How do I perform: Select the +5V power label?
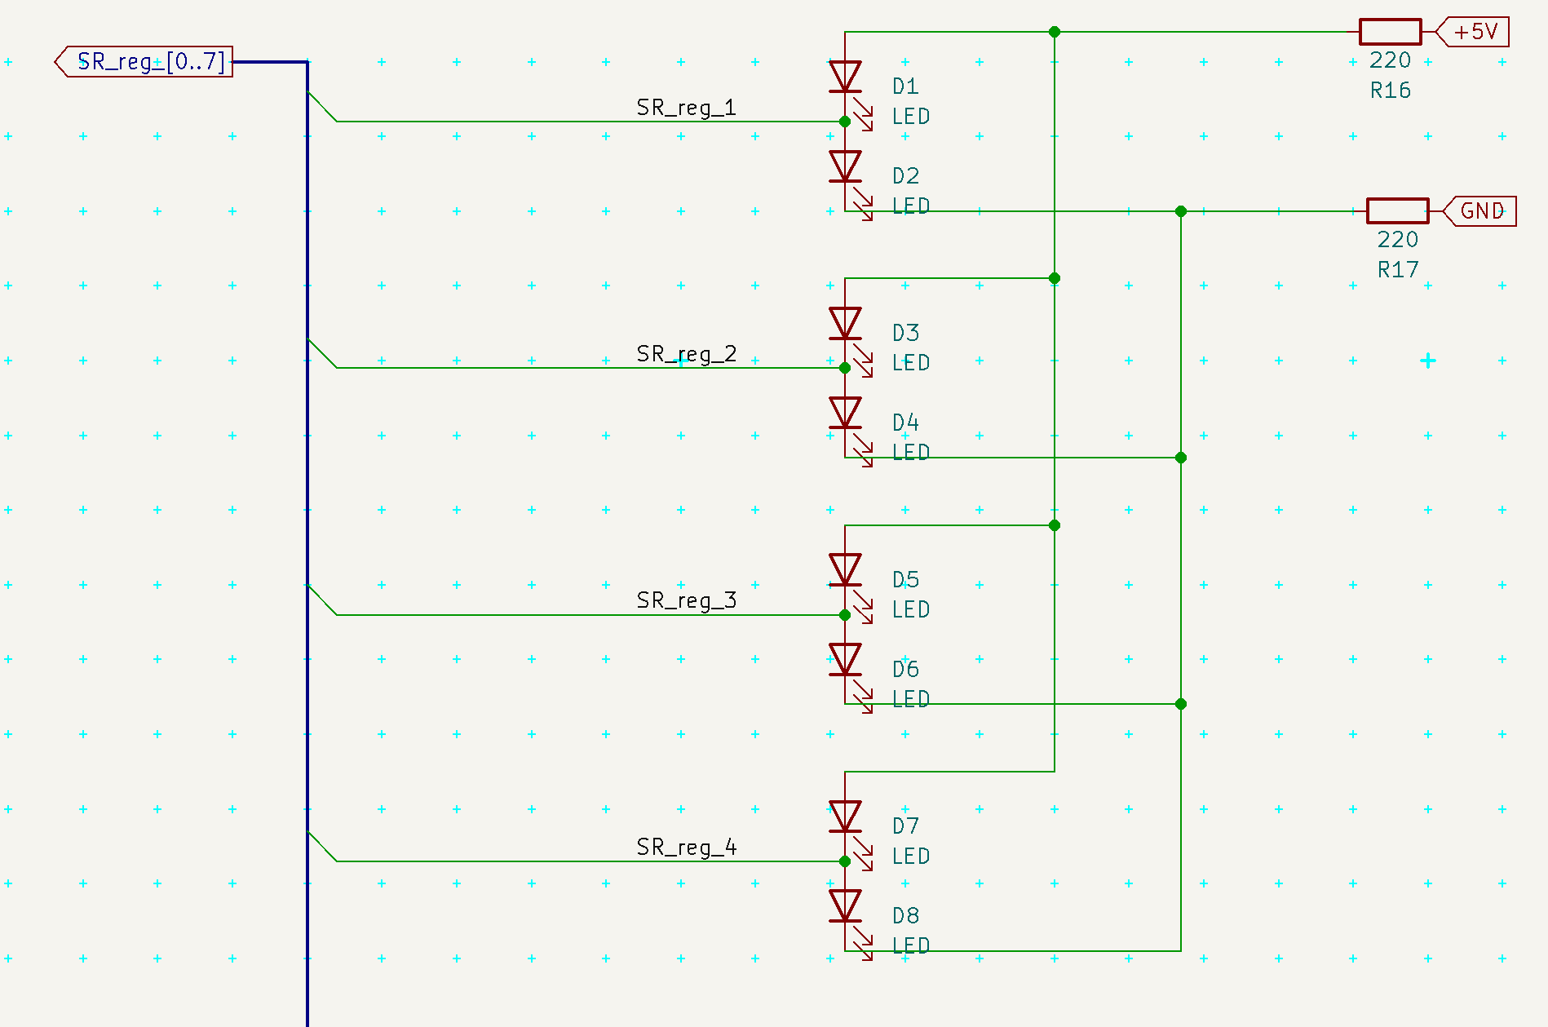pos(1474,32)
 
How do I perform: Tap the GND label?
pos(1480,211)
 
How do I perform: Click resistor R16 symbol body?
pos(1390,32)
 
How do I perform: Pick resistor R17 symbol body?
pos(1397,211)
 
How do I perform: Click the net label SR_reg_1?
pos(686,108)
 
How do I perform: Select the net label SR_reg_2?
pos(686,354)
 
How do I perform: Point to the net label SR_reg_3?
pos(686,601)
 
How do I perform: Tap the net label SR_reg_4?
pos(686,848)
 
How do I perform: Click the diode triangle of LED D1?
pos(845,77)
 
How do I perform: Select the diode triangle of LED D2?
pos(845,166)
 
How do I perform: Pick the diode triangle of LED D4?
pos(845,413)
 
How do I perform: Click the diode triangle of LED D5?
pos(845,569)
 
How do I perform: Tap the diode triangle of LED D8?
pos(845,905)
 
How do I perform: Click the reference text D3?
pos(905,333)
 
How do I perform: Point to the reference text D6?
pos(905,670)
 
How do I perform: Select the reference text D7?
pos(905,826)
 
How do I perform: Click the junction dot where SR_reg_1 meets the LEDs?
pos(845,122)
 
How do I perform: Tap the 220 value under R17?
pos(1397,240)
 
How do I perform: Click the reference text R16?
pos(1390,91)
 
